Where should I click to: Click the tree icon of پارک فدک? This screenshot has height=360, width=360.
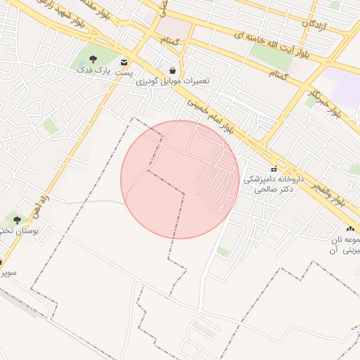tap(94, 58)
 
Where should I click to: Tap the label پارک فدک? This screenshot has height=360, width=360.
tap(93, 70)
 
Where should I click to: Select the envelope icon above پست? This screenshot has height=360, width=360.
tap(124, 61)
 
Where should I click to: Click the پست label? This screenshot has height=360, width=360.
tap(124, 72)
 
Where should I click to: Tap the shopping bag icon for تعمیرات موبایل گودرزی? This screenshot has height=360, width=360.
tap(172, 70)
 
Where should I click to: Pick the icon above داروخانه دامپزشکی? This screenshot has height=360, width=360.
tap(274, 169)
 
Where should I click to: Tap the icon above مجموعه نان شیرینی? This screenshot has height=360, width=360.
tap(349, 230)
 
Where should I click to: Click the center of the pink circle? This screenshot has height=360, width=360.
tap(180, 179)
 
